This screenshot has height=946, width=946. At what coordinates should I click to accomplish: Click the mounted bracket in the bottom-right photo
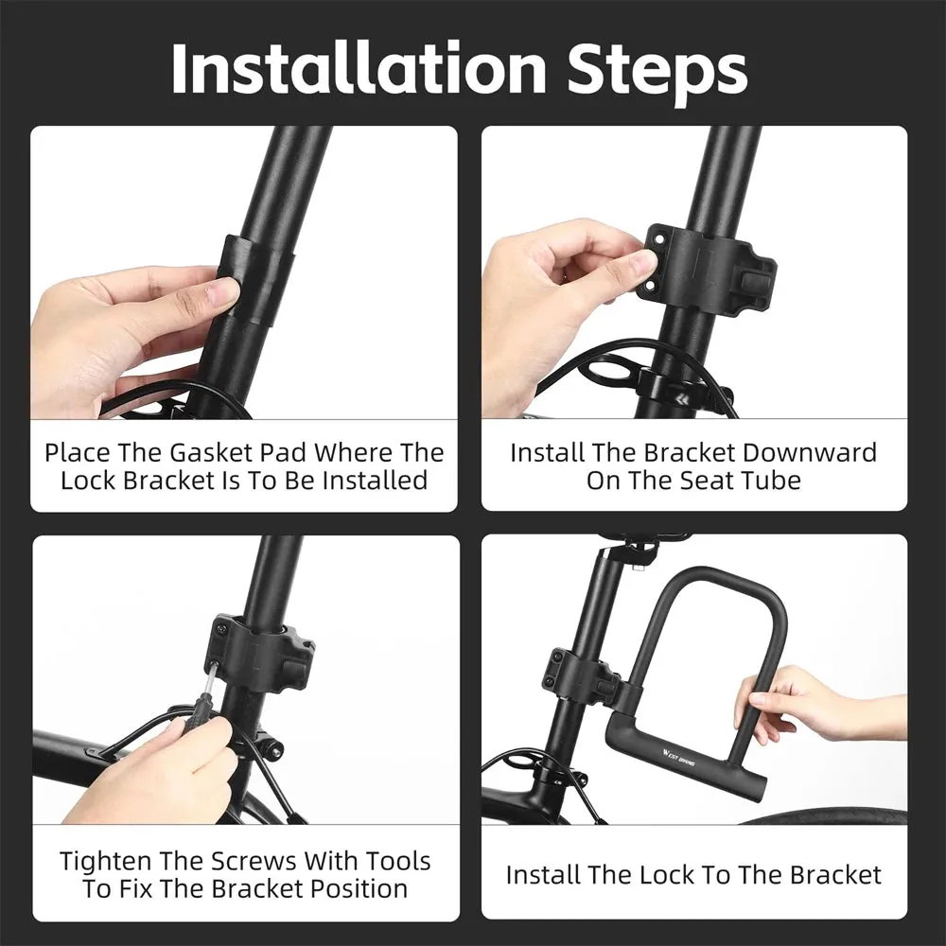582,676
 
